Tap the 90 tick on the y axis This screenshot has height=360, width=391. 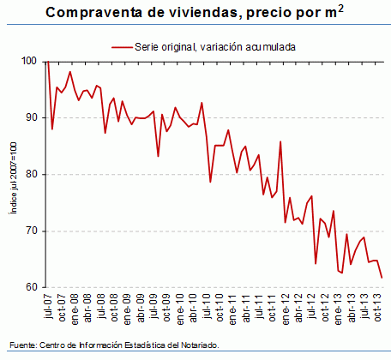tap(33, 118)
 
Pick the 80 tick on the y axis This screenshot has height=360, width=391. tap(33, 175)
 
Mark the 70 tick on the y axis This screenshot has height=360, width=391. tap(33, 231)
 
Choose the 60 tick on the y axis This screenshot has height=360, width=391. tap(33, 288)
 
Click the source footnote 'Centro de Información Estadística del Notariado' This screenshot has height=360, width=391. tap(129, 345)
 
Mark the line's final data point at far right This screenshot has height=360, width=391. tap(382, 277)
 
